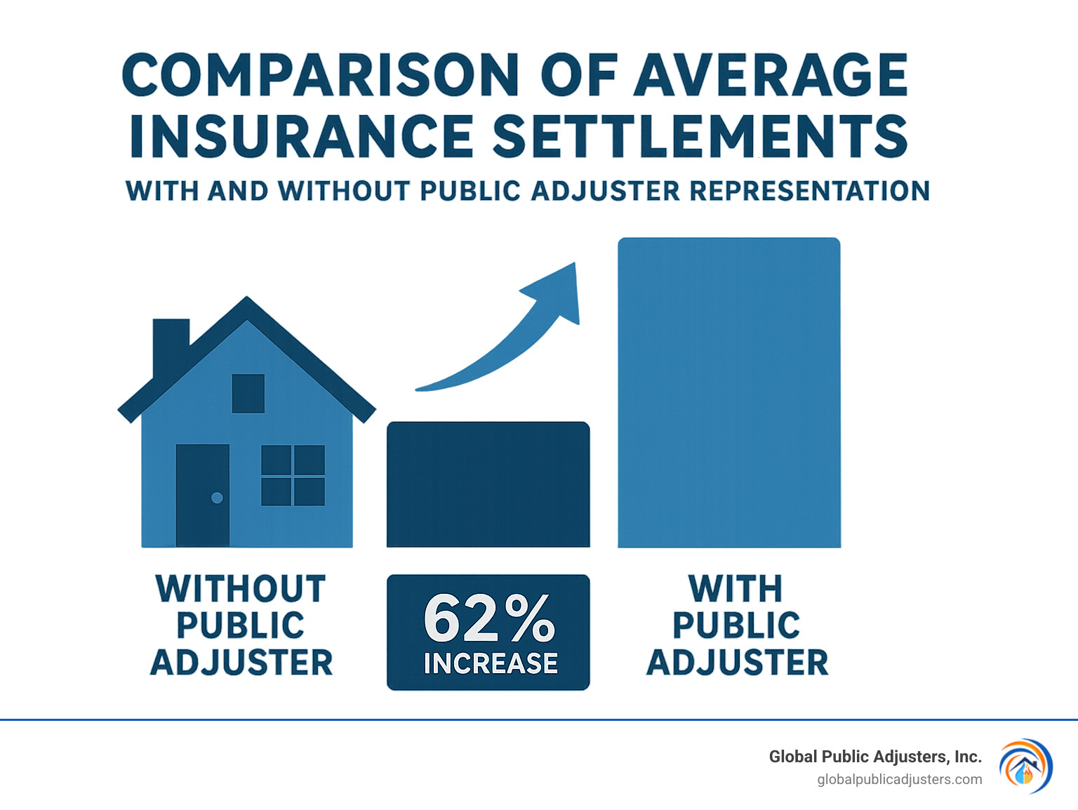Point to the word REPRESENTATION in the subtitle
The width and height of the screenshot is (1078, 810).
click(810, 191)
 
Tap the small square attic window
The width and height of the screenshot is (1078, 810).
click(248, 393)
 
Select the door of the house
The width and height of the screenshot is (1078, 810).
click(202, 495)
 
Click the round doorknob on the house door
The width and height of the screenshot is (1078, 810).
click(217, 498)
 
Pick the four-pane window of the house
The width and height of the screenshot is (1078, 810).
click(293, 475)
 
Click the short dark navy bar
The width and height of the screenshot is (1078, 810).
click(488, 484)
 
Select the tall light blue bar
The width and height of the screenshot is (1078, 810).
click(728, 392)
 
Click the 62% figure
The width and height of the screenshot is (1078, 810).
click(489, 619)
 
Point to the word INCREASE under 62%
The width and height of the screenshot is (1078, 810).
click(491, 663)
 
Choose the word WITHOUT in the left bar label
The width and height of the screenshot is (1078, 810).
click(241, 589)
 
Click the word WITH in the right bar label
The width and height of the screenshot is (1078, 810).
click(736, 589)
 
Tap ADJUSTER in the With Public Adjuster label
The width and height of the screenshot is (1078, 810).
click(737, 663)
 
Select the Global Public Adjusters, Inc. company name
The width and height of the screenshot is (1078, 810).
click(874, 757)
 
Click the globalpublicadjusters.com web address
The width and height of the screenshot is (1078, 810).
click(899, 780)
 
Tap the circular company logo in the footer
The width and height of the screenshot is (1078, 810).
click(1025, 766)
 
